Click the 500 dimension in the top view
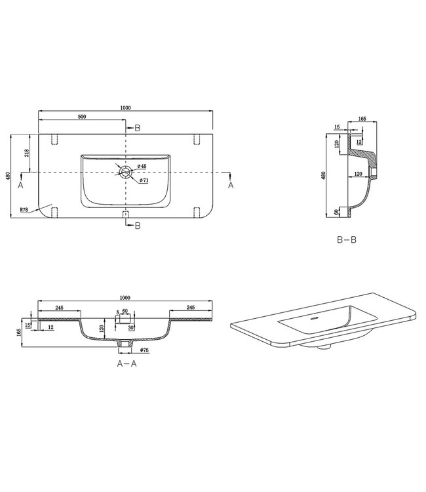82,116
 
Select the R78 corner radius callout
23,210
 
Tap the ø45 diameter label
142,165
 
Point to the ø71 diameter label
144,180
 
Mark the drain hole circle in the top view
125,171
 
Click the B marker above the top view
137,128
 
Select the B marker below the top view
137,226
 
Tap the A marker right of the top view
230,185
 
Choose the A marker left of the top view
21,185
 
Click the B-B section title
346,241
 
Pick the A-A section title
126,362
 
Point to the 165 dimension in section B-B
362,119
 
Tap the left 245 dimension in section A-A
58,306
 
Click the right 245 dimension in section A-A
191,306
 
